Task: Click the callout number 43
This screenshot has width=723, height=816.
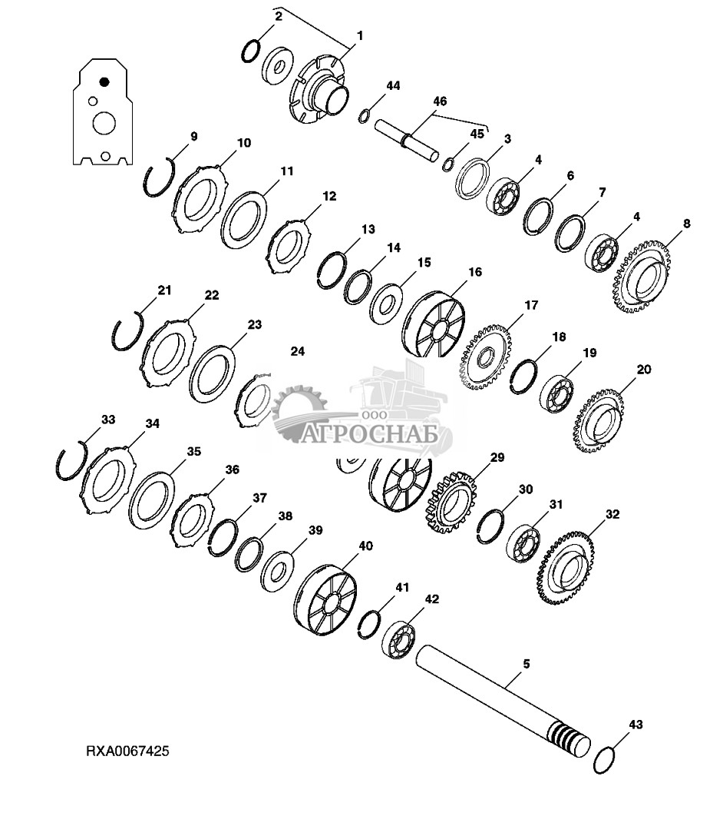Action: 636,725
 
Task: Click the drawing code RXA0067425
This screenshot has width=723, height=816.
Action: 127,751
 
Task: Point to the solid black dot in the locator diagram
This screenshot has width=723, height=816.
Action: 104,81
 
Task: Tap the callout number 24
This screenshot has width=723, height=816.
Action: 297,352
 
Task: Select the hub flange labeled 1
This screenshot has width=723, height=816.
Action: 317,89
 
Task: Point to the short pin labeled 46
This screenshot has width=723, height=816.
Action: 407,140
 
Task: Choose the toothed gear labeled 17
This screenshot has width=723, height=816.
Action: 484,357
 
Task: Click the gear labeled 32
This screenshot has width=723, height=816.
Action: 566,567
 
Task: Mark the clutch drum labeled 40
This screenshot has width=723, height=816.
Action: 326,599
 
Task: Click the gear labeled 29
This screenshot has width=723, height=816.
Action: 451,502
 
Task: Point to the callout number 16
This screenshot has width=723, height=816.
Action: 475,272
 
